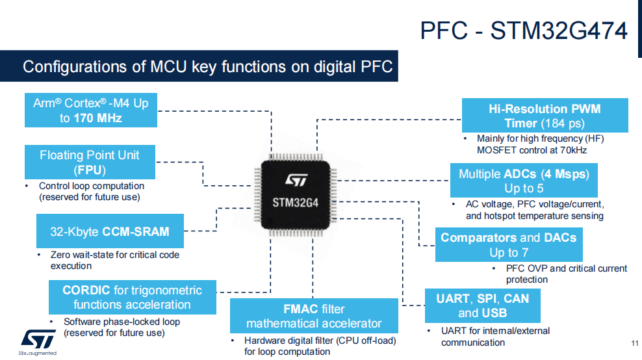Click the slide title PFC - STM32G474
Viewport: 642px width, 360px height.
524,31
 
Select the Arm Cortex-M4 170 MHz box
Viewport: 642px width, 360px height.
91,110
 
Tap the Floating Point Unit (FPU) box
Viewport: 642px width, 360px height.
90,162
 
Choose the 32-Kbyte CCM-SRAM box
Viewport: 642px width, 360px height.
110,231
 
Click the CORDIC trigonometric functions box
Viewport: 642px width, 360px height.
133,298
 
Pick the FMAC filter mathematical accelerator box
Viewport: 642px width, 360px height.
314,316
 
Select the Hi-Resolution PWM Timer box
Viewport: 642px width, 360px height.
545,116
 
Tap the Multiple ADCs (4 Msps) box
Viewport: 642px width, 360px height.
524,181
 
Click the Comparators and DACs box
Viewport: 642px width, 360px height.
509,245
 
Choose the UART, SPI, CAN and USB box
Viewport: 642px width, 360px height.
482,306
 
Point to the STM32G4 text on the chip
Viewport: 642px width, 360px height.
295,203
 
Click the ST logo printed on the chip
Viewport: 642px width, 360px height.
296,179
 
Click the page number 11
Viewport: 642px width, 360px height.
635,343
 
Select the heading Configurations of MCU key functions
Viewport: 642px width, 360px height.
207,67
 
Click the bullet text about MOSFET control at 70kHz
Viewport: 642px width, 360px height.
540,144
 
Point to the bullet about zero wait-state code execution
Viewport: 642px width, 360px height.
114,260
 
